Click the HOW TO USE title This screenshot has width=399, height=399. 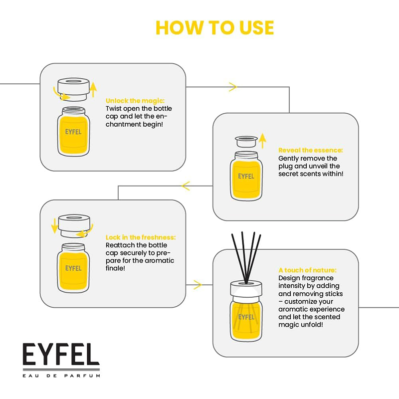215,27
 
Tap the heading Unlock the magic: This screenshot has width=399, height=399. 135,101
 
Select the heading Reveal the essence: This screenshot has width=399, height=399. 310,150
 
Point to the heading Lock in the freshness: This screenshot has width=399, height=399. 141,237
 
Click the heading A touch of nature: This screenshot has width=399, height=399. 307,270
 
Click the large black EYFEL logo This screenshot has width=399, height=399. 61,355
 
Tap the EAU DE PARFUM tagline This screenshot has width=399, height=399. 61,376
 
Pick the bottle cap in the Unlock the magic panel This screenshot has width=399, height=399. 73,89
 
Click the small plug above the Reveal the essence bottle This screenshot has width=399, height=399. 246,142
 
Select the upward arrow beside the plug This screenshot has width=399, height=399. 263,141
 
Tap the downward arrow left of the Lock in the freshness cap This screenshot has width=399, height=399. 54,226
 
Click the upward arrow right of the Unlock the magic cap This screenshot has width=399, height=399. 93,90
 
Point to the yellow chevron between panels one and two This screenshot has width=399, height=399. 233,87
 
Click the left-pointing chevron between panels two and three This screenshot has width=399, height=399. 186,186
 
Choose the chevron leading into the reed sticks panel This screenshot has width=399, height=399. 198,285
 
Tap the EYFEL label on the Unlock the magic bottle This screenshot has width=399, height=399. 73,132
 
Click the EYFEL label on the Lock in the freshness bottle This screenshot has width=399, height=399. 73,268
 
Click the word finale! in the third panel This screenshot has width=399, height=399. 115,268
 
